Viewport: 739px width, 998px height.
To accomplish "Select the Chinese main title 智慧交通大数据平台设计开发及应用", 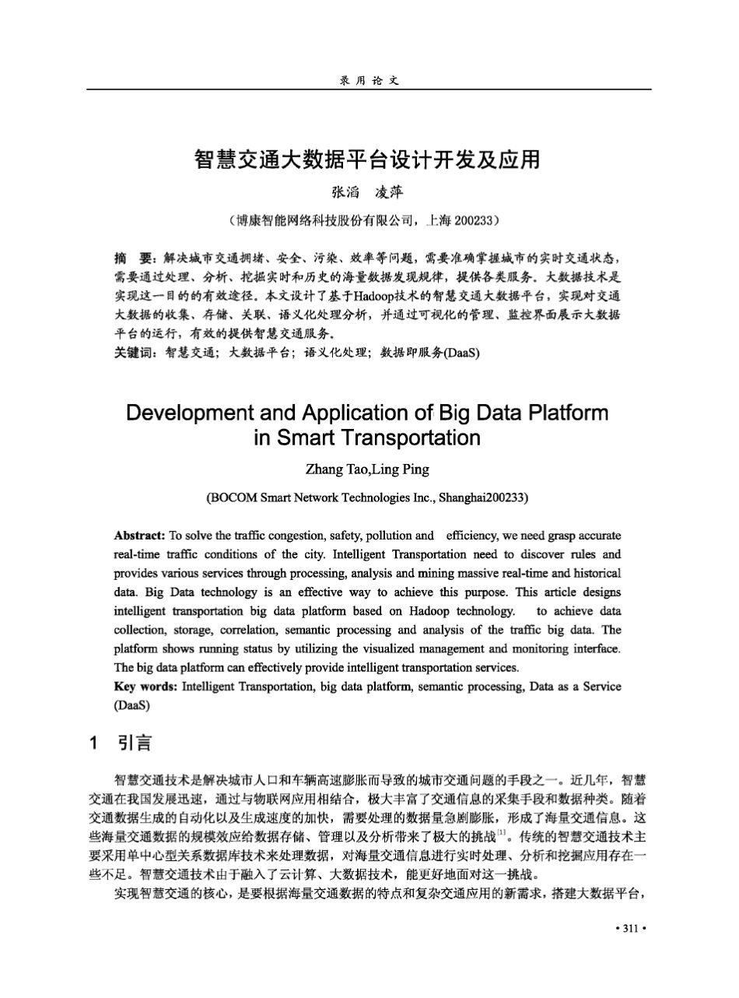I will [x=367, y=160].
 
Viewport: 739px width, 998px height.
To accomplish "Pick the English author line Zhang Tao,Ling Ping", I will [x=367, y=469].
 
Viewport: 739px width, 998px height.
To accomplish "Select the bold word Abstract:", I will [x=139, y=536].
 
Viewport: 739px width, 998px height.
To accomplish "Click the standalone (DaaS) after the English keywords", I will [x=131, y=705].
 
